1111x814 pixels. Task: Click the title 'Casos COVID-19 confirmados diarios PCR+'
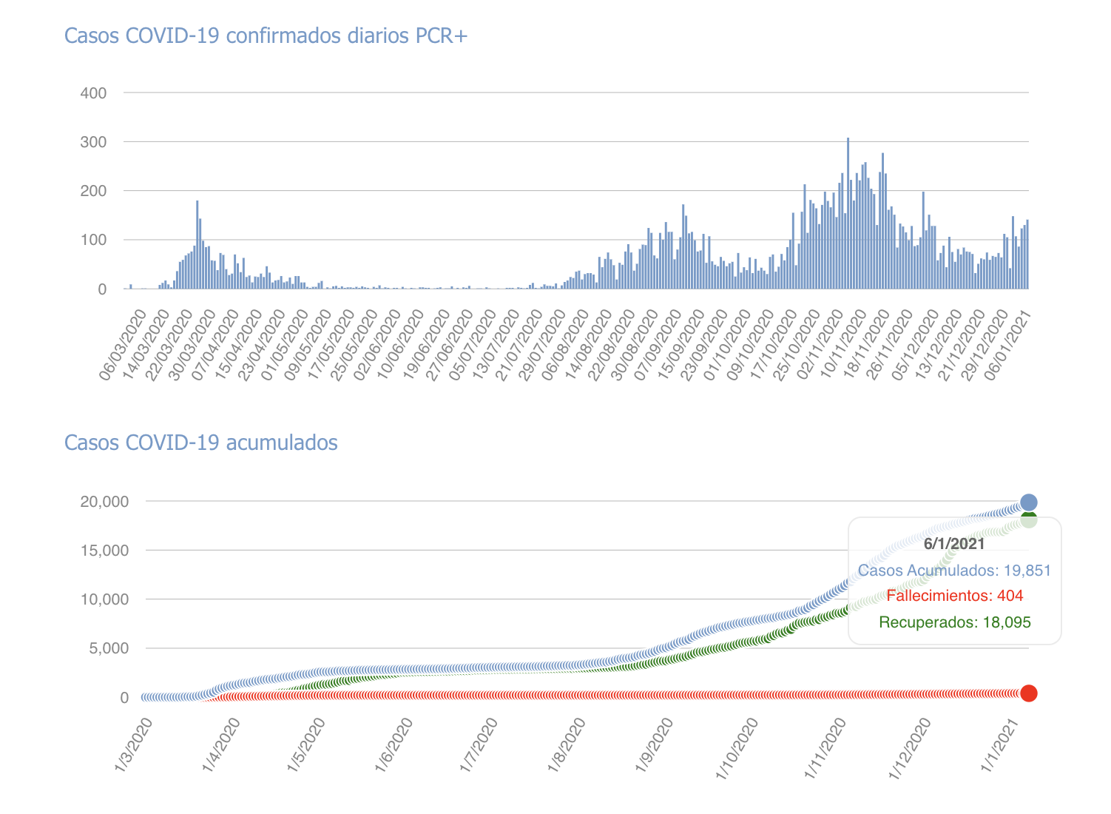pos(266,36)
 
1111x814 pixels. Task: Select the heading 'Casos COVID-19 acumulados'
pos(201,443)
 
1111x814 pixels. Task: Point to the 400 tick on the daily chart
pos(94,93)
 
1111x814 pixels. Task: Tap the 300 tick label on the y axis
pos(94,142)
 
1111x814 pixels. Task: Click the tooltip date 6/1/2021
pos(954,544)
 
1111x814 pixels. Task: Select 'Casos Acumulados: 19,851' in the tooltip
pos(954,571)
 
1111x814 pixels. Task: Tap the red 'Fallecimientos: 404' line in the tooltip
pos(954,596)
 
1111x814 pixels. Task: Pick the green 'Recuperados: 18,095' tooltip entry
pos(954,622)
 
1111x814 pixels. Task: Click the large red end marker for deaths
pos(1028,693)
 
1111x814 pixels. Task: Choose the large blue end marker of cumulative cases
pos(1028,502)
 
